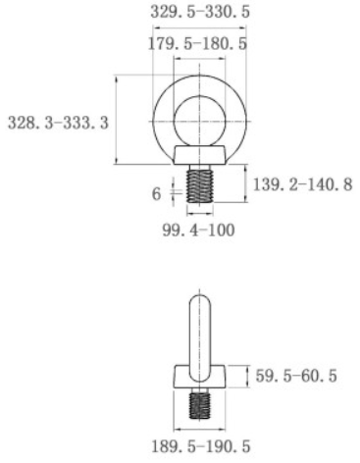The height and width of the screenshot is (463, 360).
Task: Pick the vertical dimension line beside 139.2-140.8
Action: pos(239,183)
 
